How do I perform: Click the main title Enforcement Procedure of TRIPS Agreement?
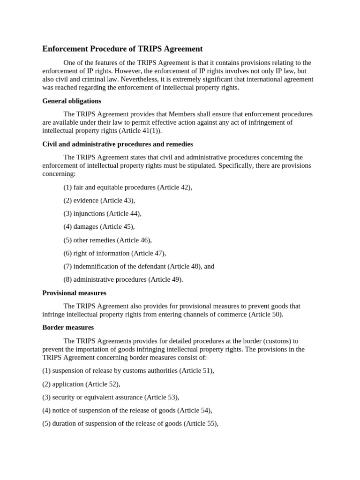pyautogui.click(x=122, y=49)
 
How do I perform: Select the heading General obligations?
pyautogui.click(x=72, y=101)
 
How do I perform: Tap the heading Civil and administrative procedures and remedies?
pyautogui.click(x=118, y=144)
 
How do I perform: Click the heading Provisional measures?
pyautogui.click(x=74, y=292)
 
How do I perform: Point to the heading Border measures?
pyautogui.click(x=68, y=327)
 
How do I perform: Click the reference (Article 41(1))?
pyautogui.click(x=140, y=131)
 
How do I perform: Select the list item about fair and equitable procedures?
pyautogui.click(x=127, y=187)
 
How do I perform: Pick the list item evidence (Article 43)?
pyautogui.click(x=99, y=200)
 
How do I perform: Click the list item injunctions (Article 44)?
pyautogui.click(x=102, y=213)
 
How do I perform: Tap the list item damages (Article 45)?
pyautogui.click(x=99, y=226)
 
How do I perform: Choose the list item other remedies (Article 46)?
pyautogui.click(x=107, y=240)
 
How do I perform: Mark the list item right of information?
pyautogui.click(x=114, y=253)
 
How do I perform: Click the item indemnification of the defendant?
pyautogui.click(x=139, y=266)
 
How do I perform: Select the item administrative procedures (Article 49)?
pyautogui.click(x=123, y=279)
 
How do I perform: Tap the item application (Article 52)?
pyautogui.click(x=81, y=384)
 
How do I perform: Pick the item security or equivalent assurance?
pyautogui.click(x=111, y=397)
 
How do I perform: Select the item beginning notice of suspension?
pyautogui.click(x=127, y=410)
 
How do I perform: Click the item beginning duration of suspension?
pyautogui.click(x=130, y=423)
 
